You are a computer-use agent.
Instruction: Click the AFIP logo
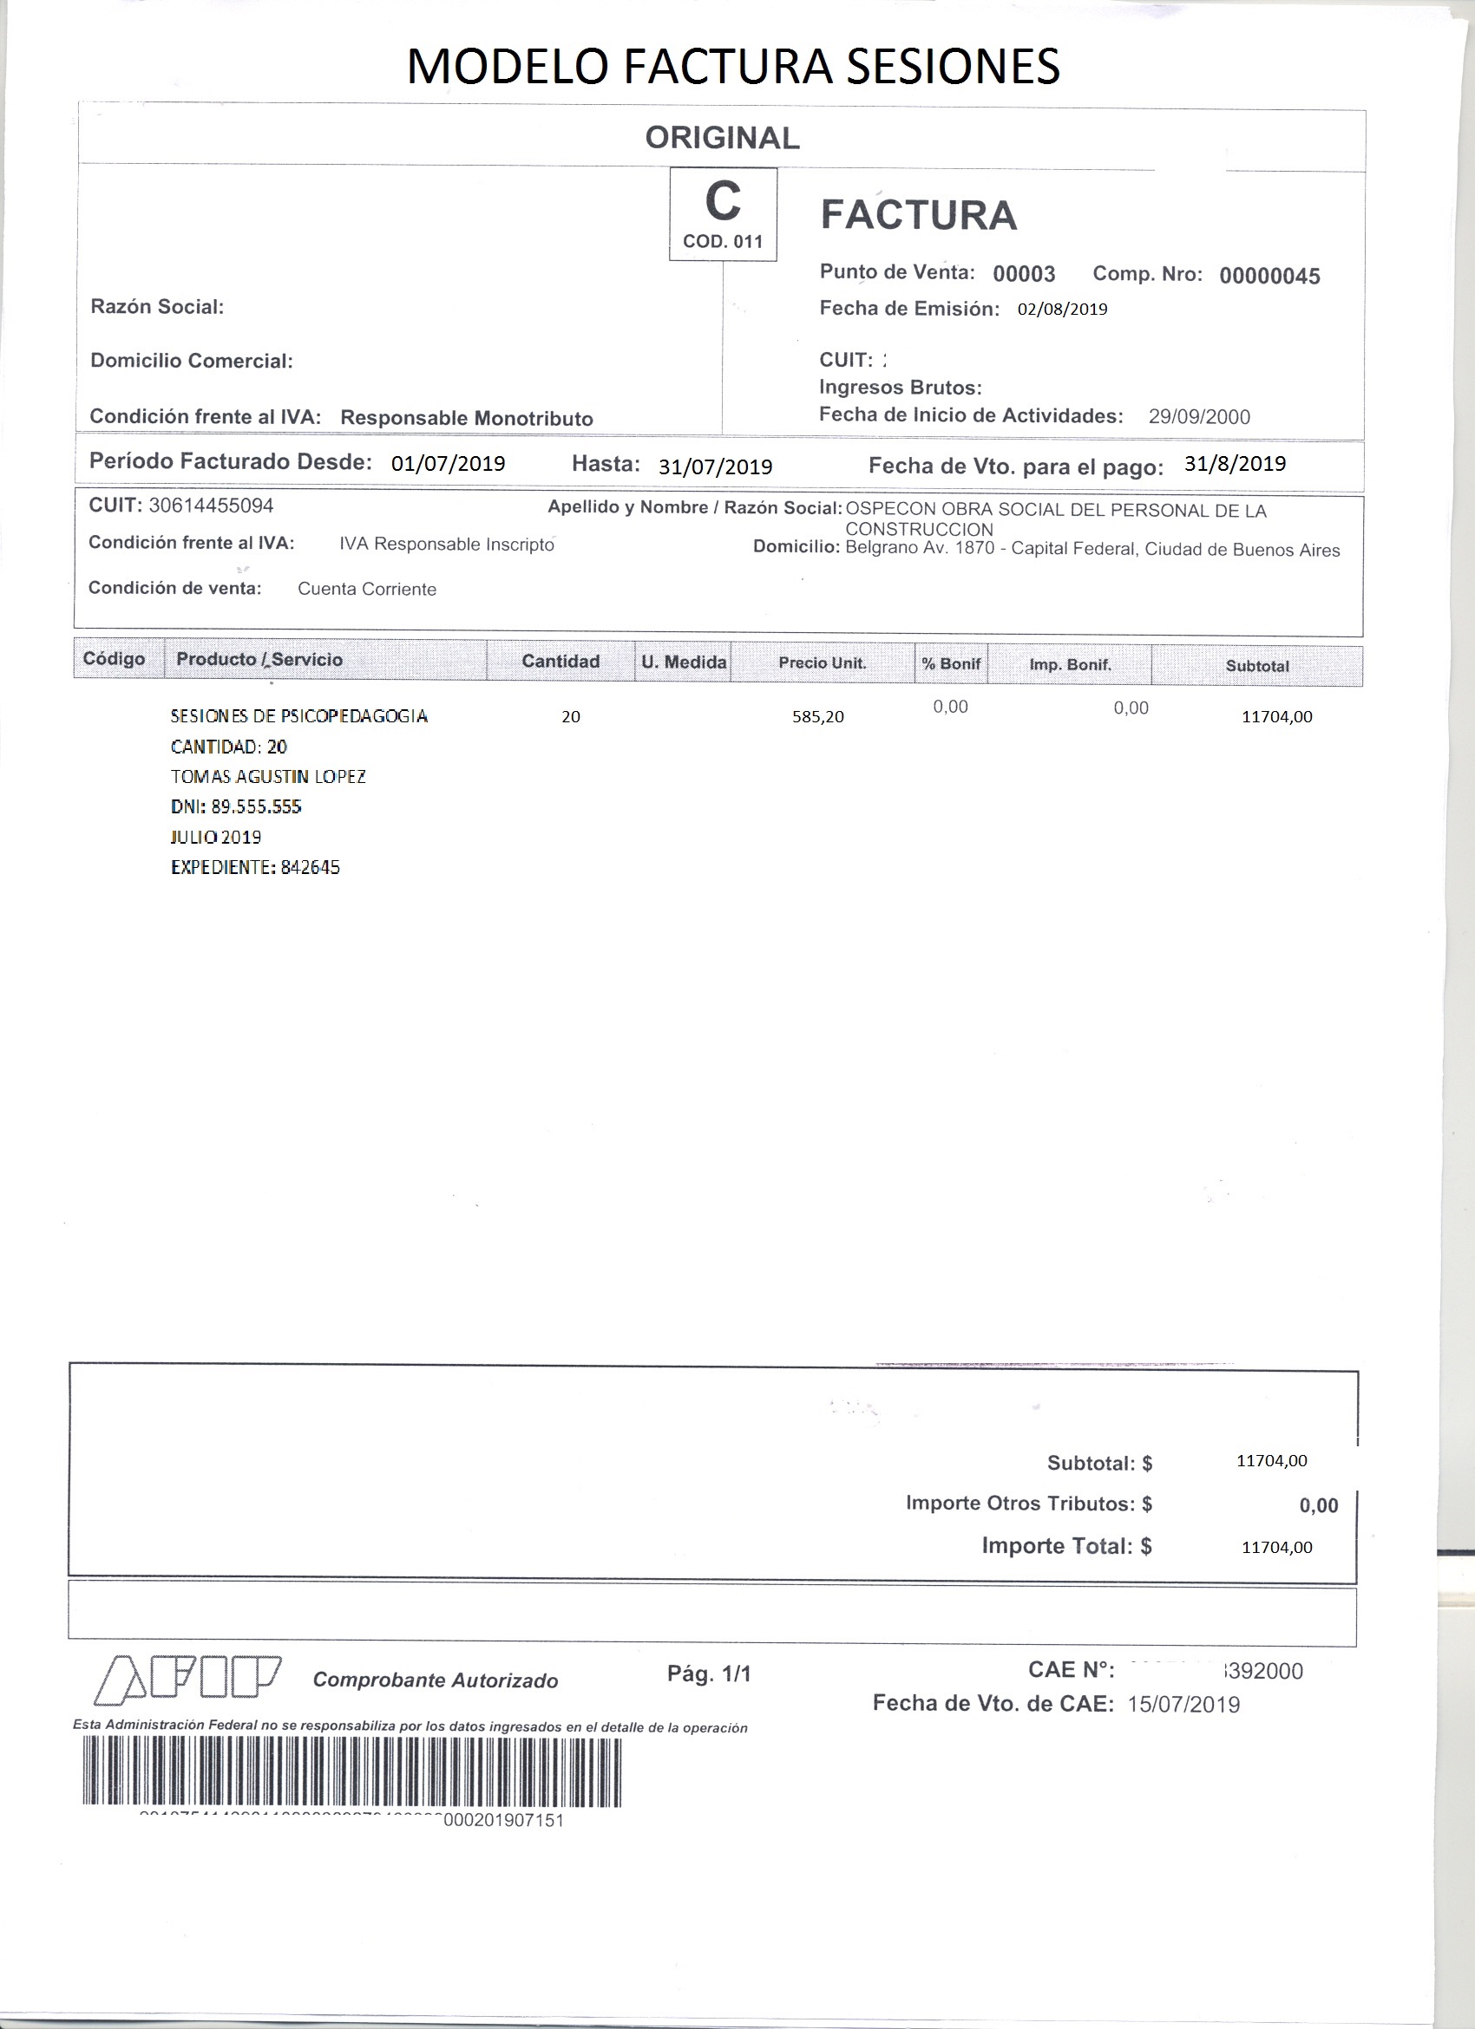coord(188,1676)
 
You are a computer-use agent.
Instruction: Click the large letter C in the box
coord(722,201)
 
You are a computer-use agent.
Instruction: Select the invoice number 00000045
coord(1269,277)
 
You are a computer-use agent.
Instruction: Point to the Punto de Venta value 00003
coord(1024,274)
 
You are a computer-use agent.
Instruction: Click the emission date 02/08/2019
coord(1062,310)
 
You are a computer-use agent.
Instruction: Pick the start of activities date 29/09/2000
coord(1199,417)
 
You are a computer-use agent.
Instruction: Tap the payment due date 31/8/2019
coord(1235,463)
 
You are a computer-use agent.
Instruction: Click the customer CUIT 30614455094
coord(211,506)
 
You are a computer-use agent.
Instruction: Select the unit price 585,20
coord(818,716)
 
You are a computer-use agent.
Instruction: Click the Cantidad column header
coord(560,661)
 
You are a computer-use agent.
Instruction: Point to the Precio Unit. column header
coord(822,663)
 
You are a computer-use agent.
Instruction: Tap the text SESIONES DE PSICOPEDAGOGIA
coord(299,715)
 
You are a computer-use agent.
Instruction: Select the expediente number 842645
coord(310,867)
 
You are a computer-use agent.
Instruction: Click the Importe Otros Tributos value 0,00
coord(1318,1505)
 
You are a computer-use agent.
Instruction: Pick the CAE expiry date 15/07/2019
coord(1183,1704)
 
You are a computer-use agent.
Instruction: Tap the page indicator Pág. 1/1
coord(709,1673)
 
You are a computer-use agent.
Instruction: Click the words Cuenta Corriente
coord(367,590)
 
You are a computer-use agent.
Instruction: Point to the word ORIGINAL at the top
coord(722,138)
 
